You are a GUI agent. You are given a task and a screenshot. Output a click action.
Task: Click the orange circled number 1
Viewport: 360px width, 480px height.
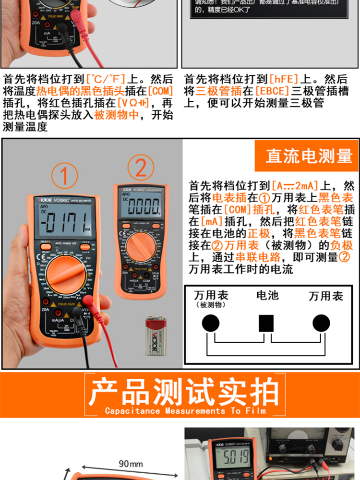tap(65, 176)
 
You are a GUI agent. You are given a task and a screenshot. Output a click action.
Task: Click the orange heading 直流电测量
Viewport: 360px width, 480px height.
tap(309, 156)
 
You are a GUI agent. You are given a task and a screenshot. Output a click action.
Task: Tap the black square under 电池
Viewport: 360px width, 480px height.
tap(266, 324)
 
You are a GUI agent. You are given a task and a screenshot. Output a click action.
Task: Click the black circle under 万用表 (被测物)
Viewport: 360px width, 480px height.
tap(210, 324)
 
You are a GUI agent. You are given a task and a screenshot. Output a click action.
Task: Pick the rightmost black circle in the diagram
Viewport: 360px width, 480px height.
tap(321, 324)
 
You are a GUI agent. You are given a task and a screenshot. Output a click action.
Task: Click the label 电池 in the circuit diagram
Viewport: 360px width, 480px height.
tap(267, 295)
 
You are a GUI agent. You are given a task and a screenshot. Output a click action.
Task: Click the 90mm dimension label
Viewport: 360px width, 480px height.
tap(131, 464)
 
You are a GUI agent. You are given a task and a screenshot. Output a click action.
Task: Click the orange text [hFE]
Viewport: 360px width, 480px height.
tap(284, 79)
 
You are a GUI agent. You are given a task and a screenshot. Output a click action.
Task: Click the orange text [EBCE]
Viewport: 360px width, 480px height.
tap(272, 91)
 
